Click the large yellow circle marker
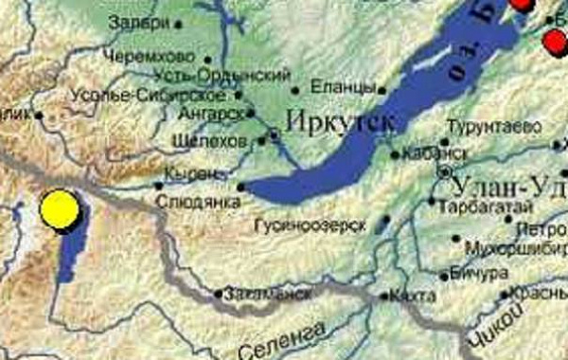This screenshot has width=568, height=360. point(59,210)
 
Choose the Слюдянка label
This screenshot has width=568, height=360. point(196,201)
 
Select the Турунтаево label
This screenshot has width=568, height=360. point(493,125)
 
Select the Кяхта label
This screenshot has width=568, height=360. point(413,297)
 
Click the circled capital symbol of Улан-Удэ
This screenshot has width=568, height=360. point(445,172)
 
